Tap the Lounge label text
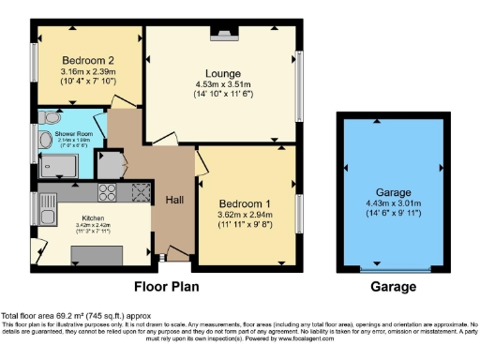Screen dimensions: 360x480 click(224, 73)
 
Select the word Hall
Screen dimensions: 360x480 click(174, 200)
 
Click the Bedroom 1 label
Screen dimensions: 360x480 click(244, 203)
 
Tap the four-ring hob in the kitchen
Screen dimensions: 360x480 click(107, 194)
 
